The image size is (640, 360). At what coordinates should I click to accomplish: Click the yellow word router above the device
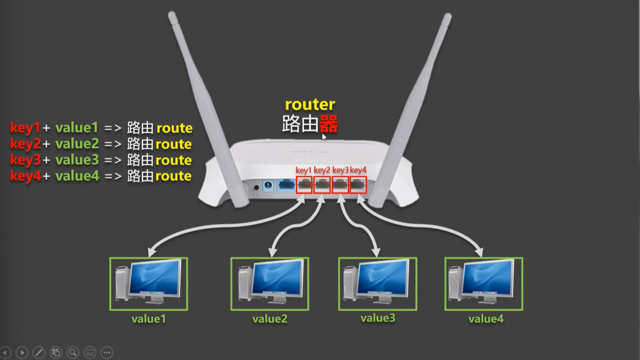pyautogui.click(x=310, y=105)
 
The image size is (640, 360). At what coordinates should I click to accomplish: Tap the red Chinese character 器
pyautogui.click(x=328, y=124)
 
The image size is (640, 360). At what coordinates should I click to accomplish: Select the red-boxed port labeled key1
pyautogui.click(x=304, y=185)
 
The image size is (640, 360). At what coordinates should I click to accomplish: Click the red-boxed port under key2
pyautogui.click(x=322, y=185)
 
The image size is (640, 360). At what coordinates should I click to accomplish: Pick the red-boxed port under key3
pyautogui.click(x=340, y=185)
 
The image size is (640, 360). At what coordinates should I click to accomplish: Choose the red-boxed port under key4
pyautogui.click(x=358, y=185)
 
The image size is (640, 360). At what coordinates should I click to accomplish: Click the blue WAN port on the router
pyautogui.click(x=286, y=185)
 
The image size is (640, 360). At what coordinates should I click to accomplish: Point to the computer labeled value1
pyautogui.click(x=149, y=283)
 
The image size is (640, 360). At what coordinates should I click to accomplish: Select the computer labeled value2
pyautogui.click(x=269, y=283)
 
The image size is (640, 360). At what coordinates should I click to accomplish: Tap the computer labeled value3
pyautogui.click(x=377, y=283)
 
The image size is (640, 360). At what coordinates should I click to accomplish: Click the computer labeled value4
pyautogui.click(x=483, y=283)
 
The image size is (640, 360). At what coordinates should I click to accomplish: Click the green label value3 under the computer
pyautogui.click(x=378, y=318)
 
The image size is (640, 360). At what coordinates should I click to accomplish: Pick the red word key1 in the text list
pyautogui.click(x=25, y=128)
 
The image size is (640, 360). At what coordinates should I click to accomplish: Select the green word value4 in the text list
pyautogui.click(x=77, y=176)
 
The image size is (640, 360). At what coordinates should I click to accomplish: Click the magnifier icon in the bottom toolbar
pyautogui.click(x=73, y=352)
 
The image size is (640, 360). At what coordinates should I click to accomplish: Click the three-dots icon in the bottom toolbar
pyautogui.click(x=107, y=352)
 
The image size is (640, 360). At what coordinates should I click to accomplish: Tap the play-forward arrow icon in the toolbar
pyautogui.click(x=22, y=352)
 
